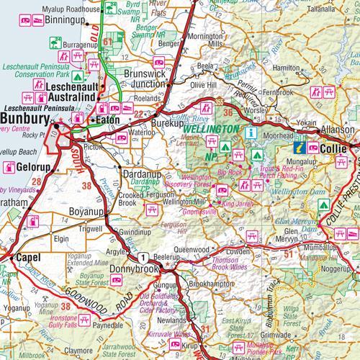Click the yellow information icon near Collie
(x=298, y=148)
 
